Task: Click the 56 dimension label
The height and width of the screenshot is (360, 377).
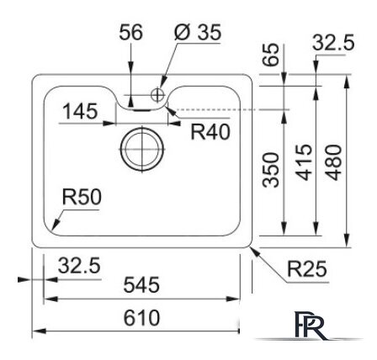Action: click(131, 33)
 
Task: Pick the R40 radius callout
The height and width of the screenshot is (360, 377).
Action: click(210, 131)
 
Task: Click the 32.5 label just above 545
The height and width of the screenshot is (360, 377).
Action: click(78, 266)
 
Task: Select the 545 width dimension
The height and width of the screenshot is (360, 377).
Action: click(141, 287)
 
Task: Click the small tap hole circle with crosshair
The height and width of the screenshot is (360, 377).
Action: click(157, 93)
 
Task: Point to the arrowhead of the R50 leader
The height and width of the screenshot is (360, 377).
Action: click(52, 229)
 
